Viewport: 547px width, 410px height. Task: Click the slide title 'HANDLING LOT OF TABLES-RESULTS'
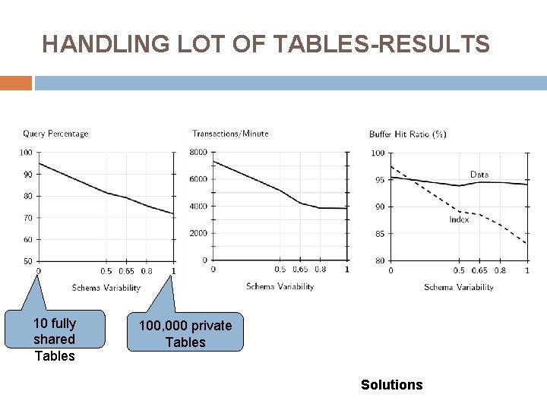pyautogui.click(x=266, y=46)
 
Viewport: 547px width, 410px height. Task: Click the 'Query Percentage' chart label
pyautogui.click(x=55, y=134)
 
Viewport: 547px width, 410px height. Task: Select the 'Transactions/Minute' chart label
pyautogui.click(x=230, y=134)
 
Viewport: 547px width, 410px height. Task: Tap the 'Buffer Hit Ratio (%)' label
pyautogui.click(x=408, y=134)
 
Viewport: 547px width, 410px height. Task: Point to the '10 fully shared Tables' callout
pyautogui.click(x=55, y=339)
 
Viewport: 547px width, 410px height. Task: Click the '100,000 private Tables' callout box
pyautogui.click(x=185, y=333)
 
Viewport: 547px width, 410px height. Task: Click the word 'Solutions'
pyautogui.click(x=392, y=385)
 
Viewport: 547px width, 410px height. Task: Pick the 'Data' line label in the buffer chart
pyautogui.click(x=479, y=175)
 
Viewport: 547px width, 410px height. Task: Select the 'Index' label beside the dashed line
pyautogui.click(x=459, y=220)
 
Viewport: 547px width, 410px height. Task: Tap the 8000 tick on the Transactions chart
pyautogui.click(x=198, y=153)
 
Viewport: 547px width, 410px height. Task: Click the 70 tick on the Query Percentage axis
pyautogui.click(x=26, y=218)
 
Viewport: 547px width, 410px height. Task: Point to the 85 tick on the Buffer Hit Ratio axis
pyautogui.click(x=379, y=234)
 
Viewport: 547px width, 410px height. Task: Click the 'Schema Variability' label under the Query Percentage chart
pyautogui.click(x=106, y=288)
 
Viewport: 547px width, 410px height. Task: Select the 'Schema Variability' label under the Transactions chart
pyautogui.click(x=280, y=286)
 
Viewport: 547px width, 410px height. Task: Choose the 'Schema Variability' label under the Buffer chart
pyautogui.click(x=459, y=287)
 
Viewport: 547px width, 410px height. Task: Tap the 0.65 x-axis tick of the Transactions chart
pyautogui.click(x=300, y=270)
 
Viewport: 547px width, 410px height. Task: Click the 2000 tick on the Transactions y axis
pyautogui.click(x=198, y=233)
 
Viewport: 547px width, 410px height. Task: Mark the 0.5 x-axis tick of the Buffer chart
pyautogui.click(x=459, y=270)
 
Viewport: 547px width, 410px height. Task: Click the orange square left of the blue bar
pyautogui.click(x=16, y=83)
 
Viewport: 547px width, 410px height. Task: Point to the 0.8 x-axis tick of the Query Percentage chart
pyautogui.click(x=146, y=271)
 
